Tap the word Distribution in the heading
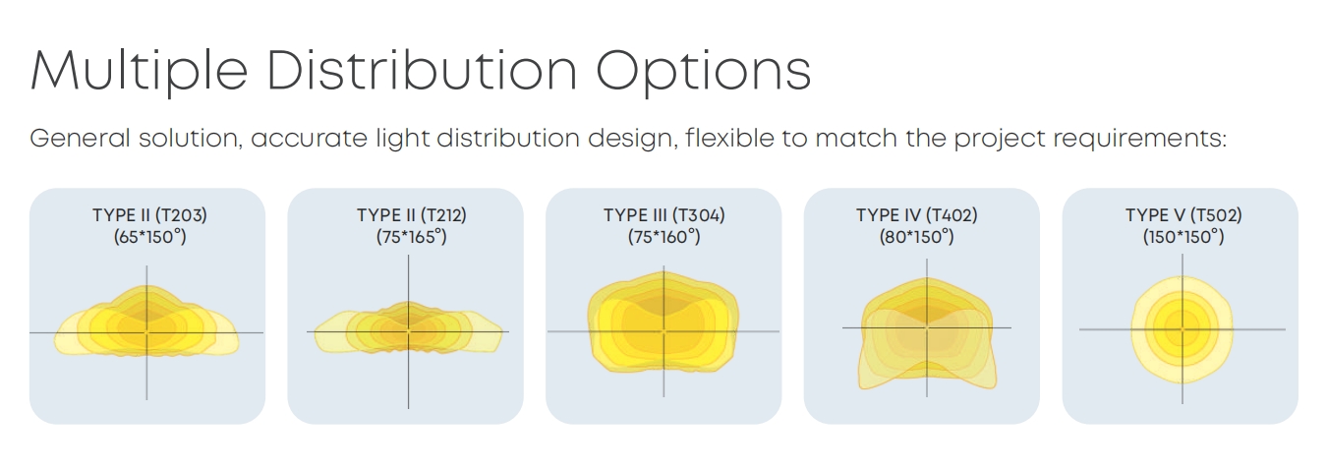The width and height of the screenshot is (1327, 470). click(422, 70)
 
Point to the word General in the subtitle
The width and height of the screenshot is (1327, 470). click(80, 138)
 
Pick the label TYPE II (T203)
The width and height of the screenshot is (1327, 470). click(149, 215)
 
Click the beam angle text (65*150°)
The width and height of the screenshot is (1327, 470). click(149, 237)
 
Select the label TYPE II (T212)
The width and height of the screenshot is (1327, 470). click(412, 215)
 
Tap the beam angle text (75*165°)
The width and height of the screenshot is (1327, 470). click(412, 237)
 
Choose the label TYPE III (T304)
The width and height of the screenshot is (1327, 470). click(664, 215)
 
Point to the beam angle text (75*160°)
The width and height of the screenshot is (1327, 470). click(664, 237)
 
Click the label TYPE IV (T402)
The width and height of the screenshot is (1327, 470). click(917, 215)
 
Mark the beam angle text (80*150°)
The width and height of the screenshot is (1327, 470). click(917, 237)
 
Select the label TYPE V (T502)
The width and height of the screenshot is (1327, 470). click(1183, 215)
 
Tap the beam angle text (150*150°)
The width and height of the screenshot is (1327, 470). click(1183, 237)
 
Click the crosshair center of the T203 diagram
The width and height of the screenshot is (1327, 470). click(146, 332)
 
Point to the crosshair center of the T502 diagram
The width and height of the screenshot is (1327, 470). click(1183, 329)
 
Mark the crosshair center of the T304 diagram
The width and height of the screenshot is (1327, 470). click(663, 331)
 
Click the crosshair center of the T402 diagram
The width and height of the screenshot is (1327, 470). click(927, 327)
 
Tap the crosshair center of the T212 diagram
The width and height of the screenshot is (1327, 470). click(408, 331)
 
